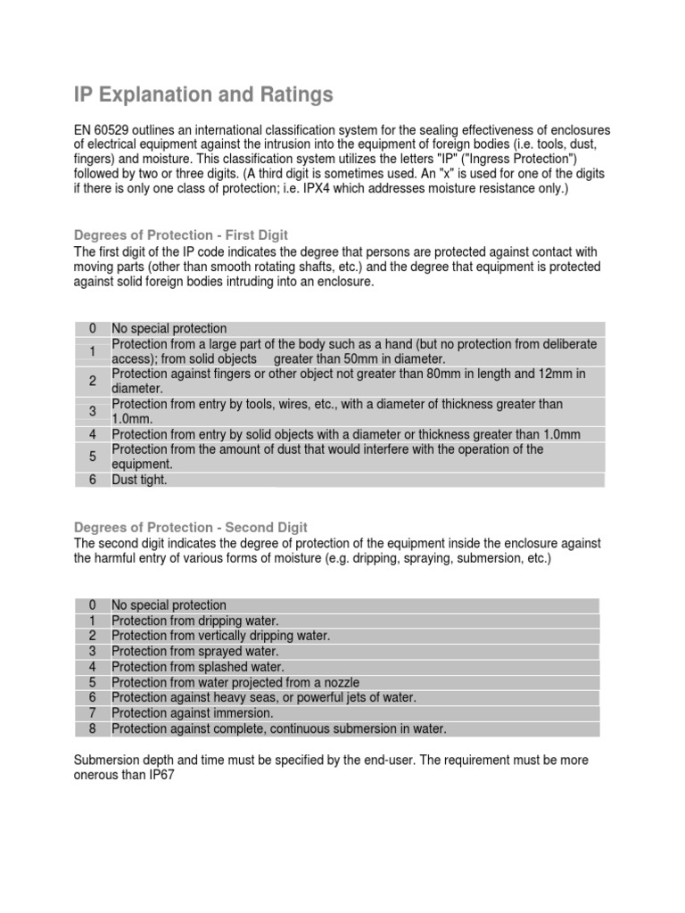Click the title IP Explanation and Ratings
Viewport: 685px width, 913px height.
click(202, 94)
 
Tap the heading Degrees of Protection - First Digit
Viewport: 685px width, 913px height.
click(180, 235)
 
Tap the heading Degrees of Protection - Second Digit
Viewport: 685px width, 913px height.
click(190, 527)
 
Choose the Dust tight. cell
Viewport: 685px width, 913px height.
click(139, 480)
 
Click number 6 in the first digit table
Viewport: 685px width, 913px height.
click(92, 480)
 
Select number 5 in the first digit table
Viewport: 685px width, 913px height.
click(92, 456)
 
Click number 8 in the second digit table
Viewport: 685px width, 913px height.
click(92, 728)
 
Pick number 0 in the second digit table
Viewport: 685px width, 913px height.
click(92, 605)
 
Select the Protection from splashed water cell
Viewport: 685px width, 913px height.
click(198, 667)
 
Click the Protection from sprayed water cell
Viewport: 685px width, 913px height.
click(195, 652)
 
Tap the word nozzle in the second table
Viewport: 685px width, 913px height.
click(340, 682)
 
